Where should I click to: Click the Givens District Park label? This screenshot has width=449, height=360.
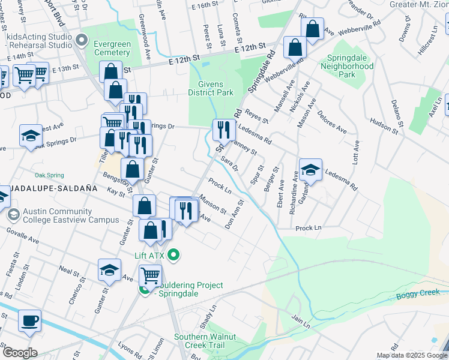210,88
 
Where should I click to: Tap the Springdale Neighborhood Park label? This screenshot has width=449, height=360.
346,66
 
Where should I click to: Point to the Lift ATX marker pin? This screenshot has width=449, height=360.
174,256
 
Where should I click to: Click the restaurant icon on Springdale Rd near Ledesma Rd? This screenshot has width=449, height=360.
222,128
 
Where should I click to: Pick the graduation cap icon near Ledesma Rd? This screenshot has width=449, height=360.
310,170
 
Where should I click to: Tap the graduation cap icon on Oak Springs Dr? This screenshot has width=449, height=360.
31,136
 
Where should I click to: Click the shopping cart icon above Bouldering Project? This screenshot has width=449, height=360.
150,276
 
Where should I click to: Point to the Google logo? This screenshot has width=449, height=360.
20,353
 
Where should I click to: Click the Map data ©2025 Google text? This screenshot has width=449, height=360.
412,355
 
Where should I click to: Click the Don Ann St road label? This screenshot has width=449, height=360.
234,214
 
